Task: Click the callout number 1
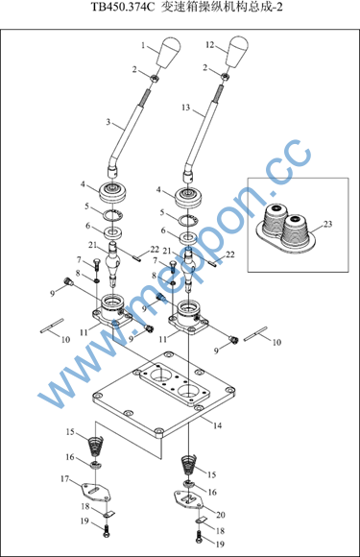[143, 45]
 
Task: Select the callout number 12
[210, 45]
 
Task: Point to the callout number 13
[185, 108]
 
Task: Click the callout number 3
[108, 123]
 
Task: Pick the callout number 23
[327, 224]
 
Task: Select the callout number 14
[217, 425]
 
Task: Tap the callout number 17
[64, 479]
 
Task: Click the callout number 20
[221, 515]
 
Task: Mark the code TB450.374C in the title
[123, 7]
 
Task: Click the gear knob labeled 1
[169, 53]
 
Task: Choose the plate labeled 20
[189, 499]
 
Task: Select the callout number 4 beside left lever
[83, 184]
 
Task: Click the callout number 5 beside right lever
[162, 212]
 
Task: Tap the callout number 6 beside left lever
[87, 226]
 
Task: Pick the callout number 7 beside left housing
[79, 260]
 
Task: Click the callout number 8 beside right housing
[155, 276]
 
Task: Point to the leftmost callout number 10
[65, 340]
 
